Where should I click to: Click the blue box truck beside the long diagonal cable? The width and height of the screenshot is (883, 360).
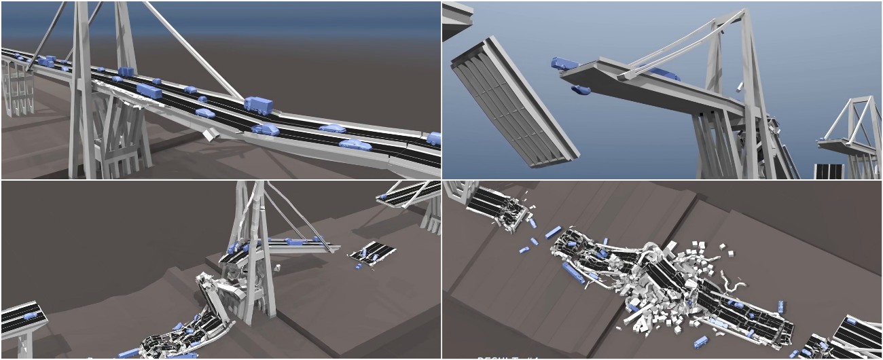(258, 105)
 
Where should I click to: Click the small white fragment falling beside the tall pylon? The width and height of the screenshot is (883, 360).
(740, 87)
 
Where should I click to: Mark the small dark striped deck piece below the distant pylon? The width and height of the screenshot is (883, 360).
(829, 170)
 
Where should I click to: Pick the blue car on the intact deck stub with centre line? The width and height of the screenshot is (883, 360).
(29, 317)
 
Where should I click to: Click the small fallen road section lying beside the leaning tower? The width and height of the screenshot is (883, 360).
(373, 253)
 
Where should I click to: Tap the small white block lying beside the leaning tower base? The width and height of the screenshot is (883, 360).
(278, 268)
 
